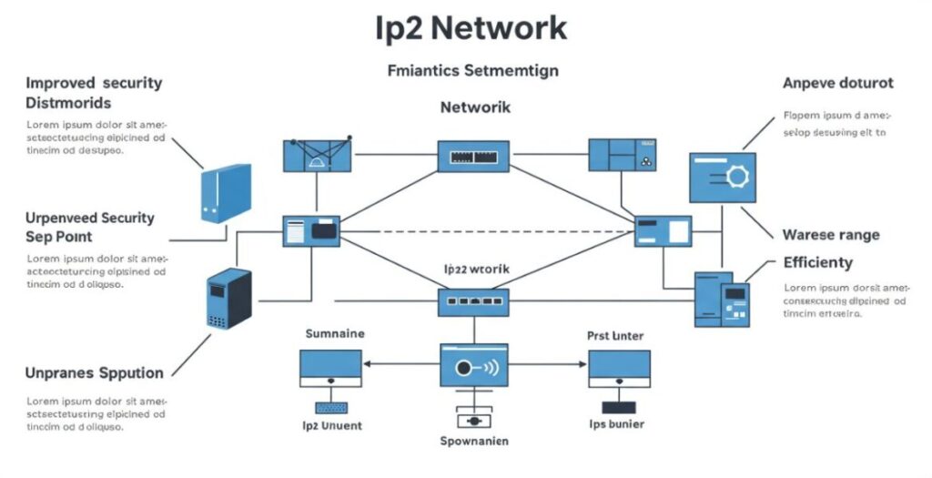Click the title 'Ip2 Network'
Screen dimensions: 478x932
[471, 28]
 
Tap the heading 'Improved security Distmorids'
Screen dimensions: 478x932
[94, 92]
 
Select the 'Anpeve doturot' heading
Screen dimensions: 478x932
[837, 83]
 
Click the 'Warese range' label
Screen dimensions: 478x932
[831, 235]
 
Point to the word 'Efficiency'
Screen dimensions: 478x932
[817, 262]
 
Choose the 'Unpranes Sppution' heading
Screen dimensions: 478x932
[95, 372]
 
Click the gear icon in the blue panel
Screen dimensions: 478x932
[735, 177]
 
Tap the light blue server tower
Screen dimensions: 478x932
[225, 192]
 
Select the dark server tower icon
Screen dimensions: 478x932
[228, 299]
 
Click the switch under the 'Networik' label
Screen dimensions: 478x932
[473, 156]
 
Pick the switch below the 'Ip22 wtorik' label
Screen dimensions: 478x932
[472, 301]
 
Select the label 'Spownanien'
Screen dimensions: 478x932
[473, 442]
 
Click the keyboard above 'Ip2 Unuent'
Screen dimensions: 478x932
[331, 407]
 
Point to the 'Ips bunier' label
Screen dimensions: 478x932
[616, 424]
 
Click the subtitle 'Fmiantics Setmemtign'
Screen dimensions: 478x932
[472, 69]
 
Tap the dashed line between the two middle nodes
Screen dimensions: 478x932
[487, 231]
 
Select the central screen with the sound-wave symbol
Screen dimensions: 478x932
[473, 368]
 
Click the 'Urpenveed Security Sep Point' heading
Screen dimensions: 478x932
[90, 227]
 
